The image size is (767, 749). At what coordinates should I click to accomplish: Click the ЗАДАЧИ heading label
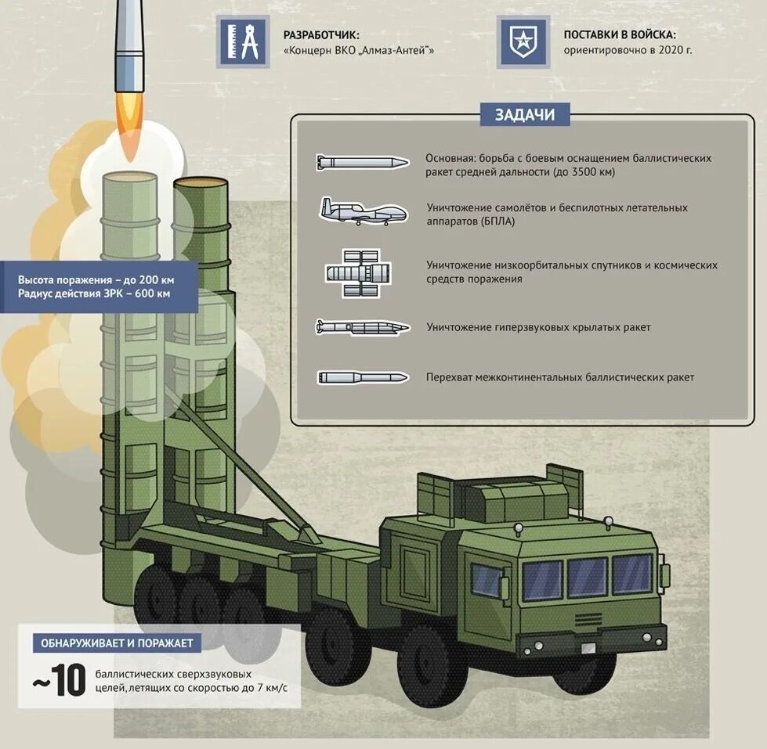(524, 115)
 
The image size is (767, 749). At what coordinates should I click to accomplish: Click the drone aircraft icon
(363, 211)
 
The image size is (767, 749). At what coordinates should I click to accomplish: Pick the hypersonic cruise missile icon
(363, 326)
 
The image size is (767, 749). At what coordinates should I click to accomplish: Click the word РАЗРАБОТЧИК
(321, 35)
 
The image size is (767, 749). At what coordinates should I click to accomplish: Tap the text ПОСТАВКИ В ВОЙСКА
(620, 35)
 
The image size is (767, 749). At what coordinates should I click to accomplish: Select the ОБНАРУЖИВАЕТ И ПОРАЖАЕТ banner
(117, 643)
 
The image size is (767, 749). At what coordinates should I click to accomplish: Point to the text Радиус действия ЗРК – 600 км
(94, 294)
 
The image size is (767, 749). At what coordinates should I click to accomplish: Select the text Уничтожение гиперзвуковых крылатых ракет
(538, 327)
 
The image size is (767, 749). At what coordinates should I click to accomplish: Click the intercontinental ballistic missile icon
(363, 377)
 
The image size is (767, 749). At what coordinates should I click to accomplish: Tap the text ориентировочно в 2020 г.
(628, 50)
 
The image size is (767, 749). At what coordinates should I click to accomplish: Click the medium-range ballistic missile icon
(363, 163)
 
